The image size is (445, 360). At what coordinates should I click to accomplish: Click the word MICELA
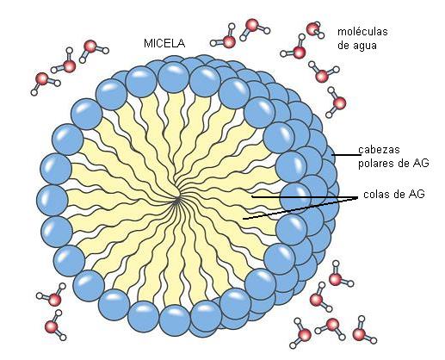164,43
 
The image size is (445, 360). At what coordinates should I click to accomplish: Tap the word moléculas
362,31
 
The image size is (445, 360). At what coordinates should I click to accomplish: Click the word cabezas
379,150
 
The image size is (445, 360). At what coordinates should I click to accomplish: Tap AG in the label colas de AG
417,195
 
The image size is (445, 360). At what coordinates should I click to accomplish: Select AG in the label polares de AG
421,163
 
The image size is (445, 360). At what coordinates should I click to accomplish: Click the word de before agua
343,46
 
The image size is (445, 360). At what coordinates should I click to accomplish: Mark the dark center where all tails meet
177,199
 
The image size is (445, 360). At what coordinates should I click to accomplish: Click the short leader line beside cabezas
346,155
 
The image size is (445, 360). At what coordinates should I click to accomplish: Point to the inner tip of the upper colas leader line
252,197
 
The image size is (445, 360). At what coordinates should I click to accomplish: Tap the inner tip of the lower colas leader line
244,219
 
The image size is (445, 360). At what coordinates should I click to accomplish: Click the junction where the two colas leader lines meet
357,198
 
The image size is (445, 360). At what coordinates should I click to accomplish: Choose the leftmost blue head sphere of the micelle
53,200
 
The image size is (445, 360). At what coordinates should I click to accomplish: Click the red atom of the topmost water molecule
252,25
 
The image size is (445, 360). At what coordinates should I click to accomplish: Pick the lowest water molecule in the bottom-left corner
55,326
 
